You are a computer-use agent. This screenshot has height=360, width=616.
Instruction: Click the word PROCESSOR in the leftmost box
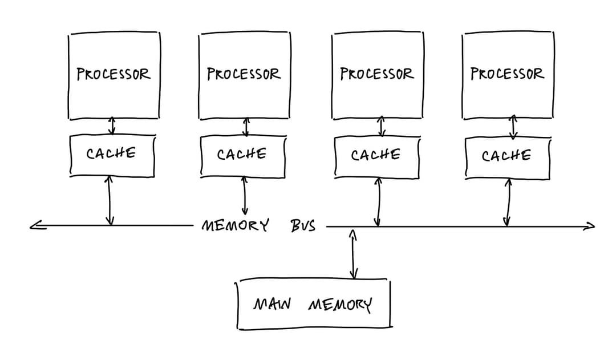coord(114,74)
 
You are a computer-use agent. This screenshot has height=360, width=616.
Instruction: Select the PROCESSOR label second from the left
coord(244,74)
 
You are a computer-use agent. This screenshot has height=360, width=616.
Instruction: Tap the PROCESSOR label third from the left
coord(376,74)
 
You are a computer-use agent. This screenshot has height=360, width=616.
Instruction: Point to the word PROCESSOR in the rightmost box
coord(507,74)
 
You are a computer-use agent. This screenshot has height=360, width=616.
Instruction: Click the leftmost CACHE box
coord(112,154)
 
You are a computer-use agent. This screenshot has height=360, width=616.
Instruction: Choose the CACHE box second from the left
coord(242,155)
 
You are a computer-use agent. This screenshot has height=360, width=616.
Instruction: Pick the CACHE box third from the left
coord(376,156)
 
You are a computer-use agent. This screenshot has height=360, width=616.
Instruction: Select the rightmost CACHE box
coord(507,156)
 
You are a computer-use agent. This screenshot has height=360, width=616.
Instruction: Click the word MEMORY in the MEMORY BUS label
coord(236,225)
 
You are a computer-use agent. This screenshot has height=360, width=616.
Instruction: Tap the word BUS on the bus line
coord(303,226)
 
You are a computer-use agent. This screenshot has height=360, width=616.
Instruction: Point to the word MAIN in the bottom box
coord(272,304)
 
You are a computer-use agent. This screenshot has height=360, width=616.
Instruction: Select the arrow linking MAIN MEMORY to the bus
coord(353,254)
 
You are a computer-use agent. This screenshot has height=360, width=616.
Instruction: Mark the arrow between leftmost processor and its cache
coord(112,126)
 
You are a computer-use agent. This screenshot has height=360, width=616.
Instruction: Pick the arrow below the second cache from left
coord(245,195)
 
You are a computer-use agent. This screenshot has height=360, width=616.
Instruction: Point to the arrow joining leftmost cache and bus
coord(110,200)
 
